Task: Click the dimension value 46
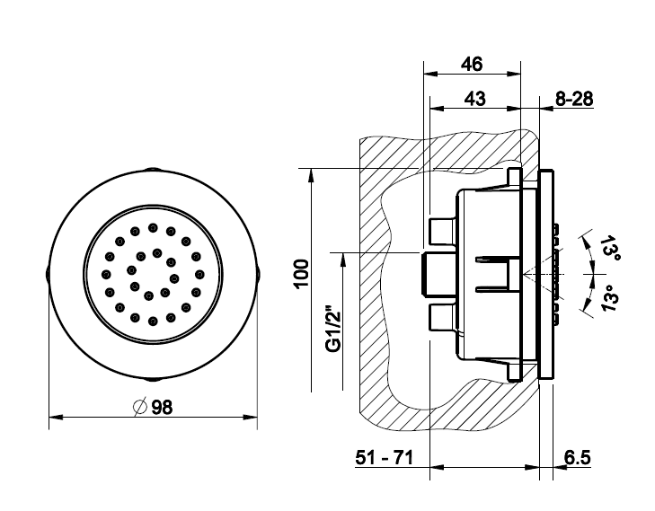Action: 472,64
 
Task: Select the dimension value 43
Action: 475,99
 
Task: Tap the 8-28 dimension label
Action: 574,99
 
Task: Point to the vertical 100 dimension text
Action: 302,273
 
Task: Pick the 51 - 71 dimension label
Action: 384,457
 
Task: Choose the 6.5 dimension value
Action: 578,457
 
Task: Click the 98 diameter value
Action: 162,407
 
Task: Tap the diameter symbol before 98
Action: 140,407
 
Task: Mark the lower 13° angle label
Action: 610,297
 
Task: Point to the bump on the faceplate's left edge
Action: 47,274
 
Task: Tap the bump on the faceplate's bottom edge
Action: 153,380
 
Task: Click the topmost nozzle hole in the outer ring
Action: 153,228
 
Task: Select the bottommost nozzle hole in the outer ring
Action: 153,321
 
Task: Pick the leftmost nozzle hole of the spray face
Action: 107,274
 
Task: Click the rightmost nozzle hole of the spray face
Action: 199,274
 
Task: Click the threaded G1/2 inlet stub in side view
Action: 438,274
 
